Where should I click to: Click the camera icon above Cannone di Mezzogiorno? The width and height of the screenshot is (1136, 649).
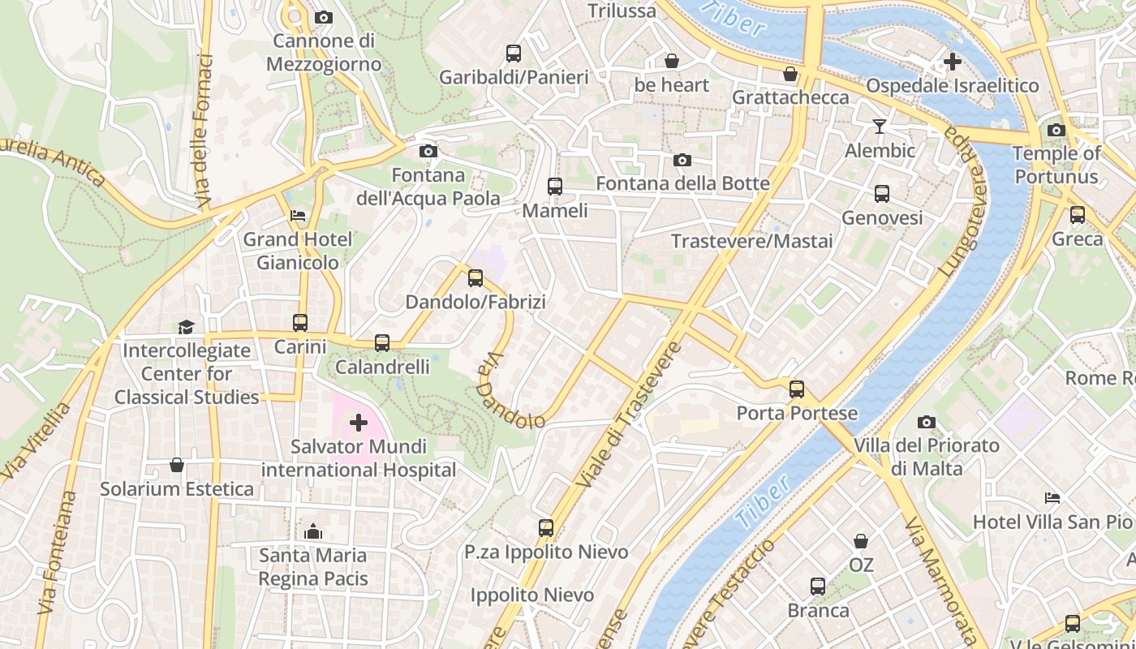click(x=323, y=17)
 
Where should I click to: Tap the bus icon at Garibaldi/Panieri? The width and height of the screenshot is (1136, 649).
click(x=514, y=54)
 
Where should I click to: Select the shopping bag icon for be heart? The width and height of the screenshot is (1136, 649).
click(x=672, y=61)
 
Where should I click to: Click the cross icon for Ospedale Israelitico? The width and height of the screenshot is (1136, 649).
click(x=952, y=62)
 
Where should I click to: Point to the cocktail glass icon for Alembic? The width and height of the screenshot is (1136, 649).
click(x=880, y=127)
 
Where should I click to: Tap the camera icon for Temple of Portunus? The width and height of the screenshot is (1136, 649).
click(x=1056, y=130)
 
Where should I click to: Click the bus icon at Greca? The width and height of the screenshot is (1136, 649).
click(x=1077, y=215)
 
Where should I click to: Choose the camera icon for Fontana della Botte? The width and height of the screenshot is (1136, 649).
click(x=682, y=160)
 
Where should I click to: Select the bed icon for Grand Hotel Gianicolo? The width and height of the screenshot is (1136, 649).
click(x=298, y=216)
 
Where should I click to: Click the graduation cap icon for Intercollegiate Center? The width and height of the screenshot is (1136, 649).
click(x=187, y=327)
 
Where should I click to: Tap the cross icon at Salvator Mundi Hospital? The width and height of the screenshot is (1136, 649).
click(x=358, y=423)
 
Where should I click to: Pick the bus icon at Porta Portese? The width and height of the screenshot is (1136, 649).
click(x=797, y=389)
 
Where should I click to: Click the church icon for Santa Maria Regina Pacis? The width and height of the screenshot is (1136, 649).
click(x=313, y=532)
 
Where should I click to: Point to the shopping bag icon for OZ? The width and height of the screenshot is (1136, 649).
click(x=861, y=540)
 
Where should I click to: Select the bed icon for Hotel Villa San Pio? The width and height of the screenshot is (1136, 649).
click(x=1052, y=497)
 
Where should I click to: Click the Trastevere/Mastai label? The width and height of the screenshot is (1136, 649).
click(x=752, y=241)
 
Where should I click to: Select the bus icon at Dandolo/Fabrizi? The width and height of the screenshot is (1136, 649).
click(x=475, y=278)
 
